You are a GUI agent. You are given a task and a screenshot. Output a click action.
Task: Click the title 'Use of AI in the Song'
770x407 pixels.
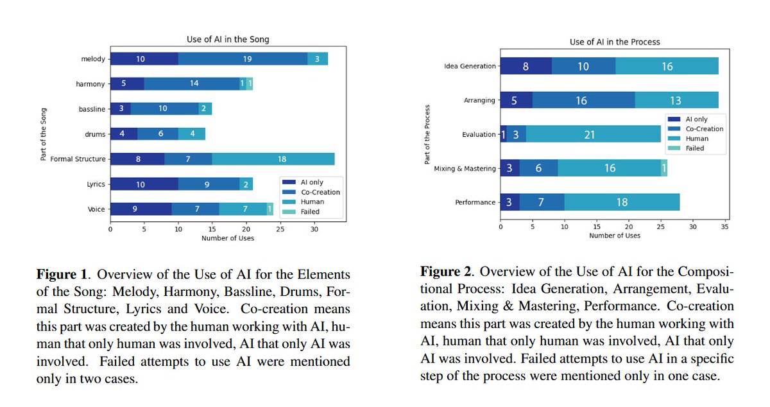(x=228, y=40)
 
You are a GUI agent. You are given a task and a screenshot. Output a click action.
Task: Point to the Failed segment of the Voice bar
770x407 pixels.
(x=270, y=209)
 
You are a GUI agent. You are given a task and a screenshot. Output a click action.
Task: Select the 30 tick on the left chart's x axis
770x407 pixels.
(x=314, y=229)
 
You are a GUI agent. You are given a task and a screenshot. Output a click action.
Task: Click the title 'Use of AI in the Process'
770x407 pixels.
(x=614, y=42)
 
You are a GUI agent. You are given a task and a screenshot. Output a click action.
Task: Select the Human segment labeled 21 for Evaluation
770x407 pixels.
(x=594, y=135)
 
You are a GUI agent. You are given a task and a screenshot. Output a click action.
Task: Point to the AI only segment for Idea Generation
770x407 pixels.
(x=526, y=66)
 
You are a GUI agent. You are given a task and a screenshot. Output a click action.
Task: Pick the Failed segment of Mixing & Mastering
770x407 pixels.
(x=663, y=168)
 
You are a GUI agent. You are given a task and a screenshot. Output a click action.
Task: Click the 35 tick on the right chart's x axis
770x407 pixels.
(x=724, y=227)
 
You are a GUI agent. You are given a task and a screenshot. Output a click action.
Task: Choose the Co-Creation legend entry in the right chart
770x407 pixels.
(x=704, y=129)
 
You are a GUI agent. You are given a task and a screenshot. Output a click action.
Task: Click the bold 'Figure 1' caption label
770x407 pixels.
(x=56, y=275)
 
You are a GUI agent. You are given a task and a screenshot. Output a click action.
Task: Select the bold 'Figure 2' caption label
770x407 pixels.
(x=441, y=271)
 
